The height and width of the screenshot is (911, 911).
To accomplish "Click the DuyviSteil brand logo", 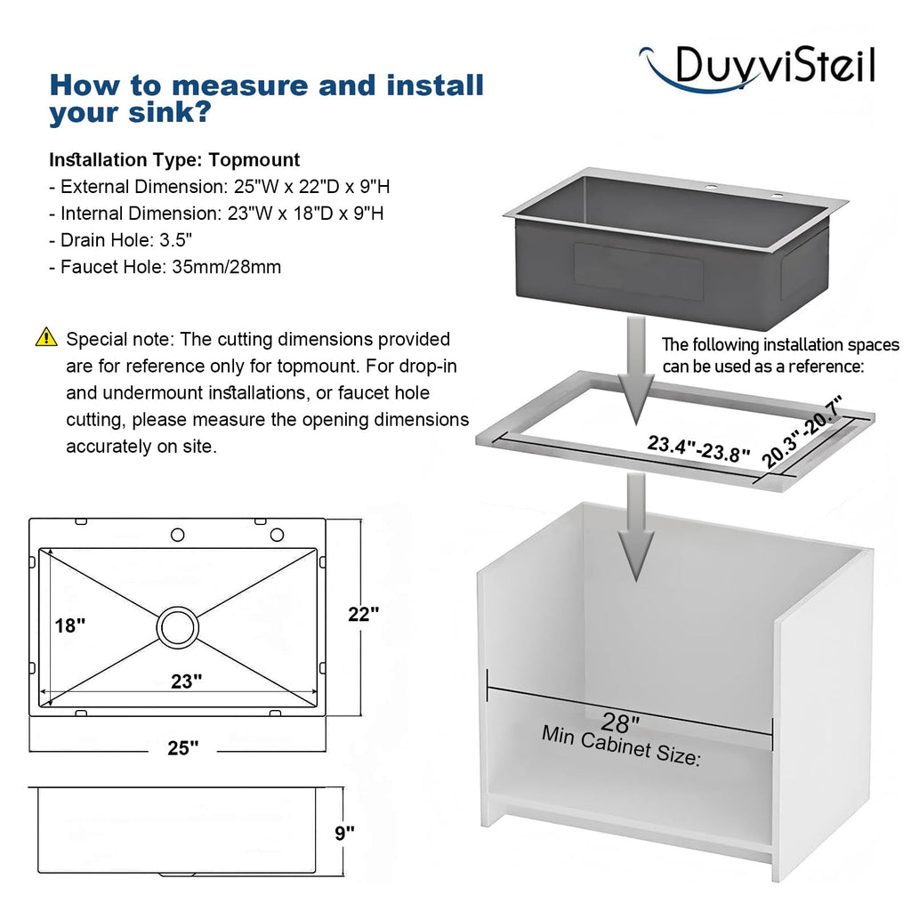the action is click(x=756, y=69).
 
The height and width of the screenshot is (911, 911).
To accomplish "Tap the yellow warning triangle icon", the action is click(x=46, y=337).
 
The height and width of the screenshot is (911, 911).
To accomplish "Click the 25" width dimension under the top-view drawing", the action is click(x=183, y=747).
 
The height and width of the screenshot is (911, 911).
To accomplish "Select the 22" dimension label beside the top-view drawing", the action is click(x=364, y=614).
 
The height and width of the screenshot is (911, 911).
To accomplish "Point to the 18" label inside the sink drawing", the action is click(x=70, y=625).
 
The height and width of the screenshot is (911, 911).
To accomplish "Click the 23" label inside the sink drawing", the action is click(x=187, y=681).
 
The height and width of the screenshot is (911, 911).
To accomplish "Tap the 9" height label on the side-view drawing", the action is click(x=344, y=833).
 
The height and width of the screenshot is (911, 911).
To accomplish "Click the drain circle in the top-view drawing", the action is click(x=178, y=627).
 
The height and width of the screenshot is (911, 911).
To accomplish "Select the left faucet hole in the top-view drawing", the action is click(x=178, y=535).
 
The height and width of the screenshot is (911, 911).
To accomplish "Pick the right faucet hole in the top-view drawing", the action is click(x=278, y=535).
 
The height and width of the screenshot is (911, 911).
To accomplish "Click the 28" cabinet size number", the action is click(x=620, y=722).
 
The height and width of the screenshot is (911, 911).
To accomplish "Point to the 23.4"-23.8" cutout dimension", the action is click(x=699, y=448).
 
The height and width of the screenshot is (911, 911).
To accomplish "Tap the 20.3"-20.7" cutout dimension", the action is click(x=802, y=431).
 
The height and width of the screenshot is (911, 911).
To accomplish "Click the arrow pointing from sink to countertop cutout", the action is click(x=636, y=369).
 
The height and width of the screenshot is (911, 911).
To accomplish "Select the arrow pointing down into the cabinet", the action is click(x=636, y=527).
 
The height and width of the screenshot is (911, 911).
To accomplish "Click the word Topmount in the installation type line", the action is click(x=254, y=160).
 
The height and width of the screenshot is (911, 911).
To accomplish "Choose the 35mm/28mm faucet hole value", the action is click(x=227, y=267).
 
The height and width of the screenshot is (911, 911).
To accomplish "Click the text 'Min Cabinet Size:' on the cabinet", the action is click(x=621, y=746).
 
